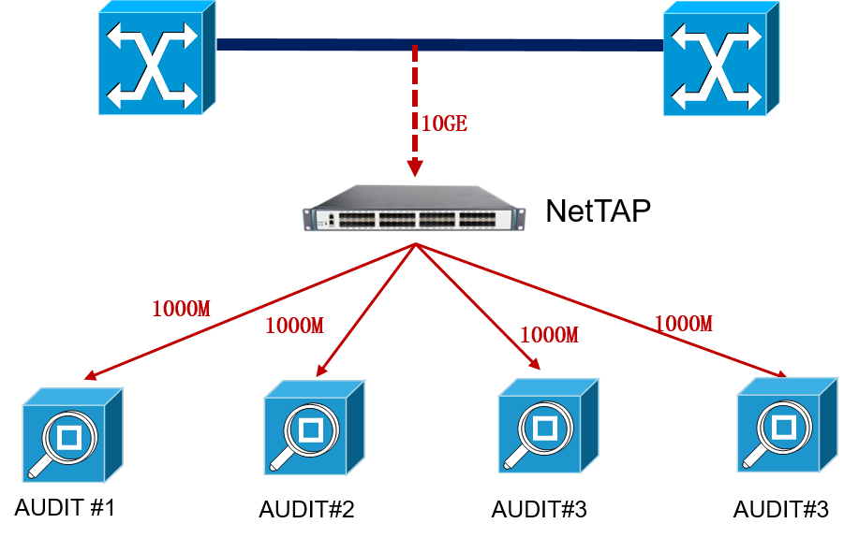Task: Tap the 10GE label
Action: point(444,124)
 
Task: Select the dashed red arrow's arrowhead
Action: point(415,168)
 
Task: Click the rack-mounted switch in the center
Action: point(414,210)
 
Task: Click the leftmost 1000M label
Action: point(181,309)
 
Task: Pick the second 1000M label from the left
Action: point(294,326)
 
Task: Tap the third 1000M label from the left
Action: point(549,335)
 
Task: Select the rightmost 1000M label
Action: point(683,324)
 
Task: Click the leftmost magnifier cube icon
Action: point(71,436)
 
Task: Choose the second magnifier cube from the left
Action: point(313,429)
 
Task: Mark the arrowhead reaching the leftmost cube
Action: point(91,377)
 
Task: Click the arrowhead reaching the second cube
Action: point(321,371)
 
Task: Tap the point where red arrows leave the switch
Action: point(415,245)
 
